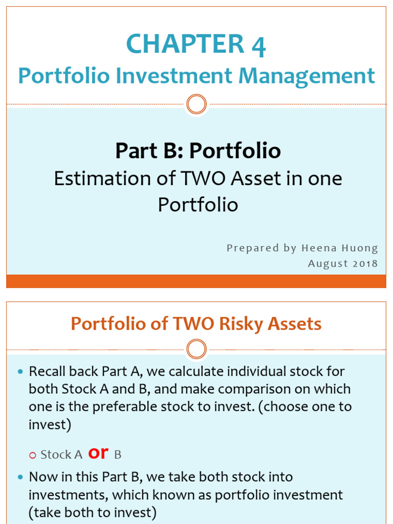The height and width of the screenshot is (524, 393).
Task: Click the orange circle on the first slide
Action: tap(196, 104)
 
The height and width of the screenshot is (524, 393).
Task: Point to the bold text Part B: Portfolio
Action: tap(198, 151)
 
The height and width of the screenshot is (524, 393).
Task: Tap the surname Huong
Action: tap(362, 248)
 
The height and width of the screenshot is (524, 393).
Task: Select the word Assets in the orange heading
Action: tap(299, 323)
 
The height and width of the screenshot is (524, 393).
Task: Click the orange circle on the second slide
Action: tap(196, 350)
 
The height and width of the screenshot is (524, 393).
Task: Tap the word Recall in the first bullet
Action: tap(48, 371)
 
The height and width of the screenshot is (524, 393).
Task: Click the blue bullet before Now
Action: tap(20, 477)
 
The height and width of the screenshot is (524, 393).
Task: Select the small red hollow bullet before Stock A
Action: tap(33, 455)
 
